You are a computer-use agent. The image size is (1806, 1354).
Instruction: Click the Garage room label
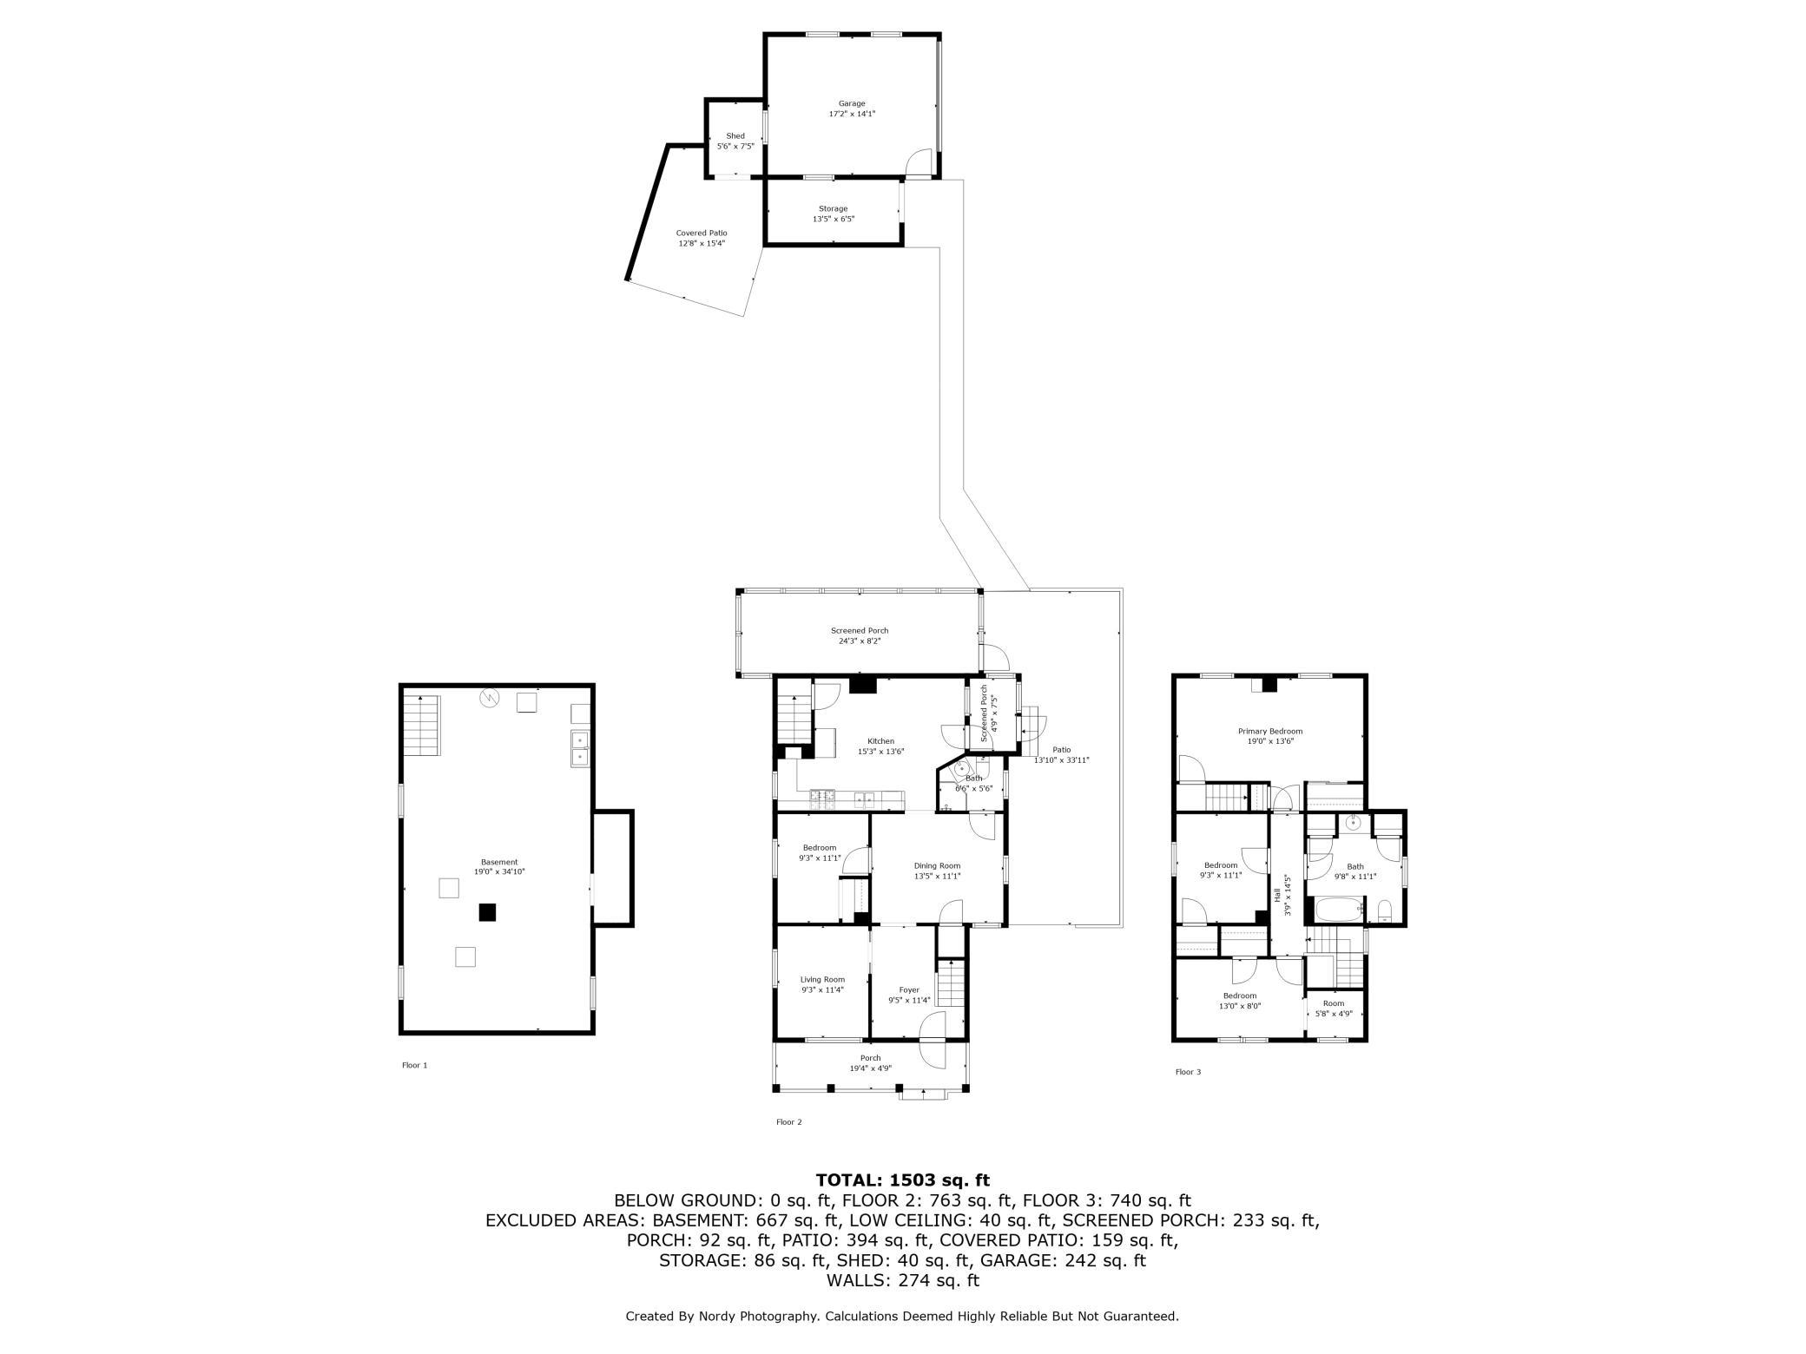click(x=852, y=108)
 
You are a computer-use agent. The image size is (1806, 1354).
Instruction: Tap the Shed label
click(x=735, y=141)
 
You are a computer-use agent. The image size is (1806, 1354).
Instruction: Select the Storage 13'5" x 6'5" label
click(x=834, y=214)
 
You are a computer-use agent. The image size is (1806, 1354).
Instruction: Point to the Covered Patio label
click(x=702, y=238)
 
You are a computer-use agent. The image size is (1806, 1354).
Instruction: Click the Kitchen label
click(x=880, y=746)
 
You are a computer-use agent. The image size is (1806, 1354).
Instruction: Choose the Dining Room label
click(x=937, y=871)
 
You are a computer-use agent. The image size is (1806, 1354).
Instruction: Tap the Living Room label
click(x=822, y=984)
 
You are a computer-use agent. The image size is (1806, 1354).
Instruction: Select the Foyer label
click(x=909, y=995)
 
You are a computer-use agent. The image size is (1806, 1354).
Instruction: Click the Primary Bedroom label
click(x=1270, y=736)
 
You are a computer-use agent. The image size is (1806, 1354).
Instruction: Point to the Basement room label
click(x=499, y=866)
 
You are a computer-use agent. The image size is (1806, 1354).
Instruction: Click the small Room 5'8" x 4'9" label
click(x=1334, y=1008)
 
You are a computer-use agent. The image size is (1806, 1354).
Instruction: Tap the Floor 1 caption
click(x=415, y=1065)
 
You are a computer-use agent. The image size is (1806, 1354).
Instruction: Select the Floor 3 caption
click(x=1189, y=1072)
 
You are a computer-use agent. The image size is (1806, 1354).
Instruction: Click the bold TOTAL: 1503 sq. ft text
click(x=903, y=1180)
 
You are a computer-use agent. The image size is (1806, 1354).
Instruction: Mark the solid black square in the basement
click(x=488, y=911)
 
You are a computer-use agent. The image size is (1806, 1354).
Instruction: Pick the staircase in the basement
click(x=423, y=726)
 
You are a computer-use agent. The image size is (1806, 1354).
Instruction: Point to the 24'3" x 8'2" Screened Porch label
click(x=860, y=636)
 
